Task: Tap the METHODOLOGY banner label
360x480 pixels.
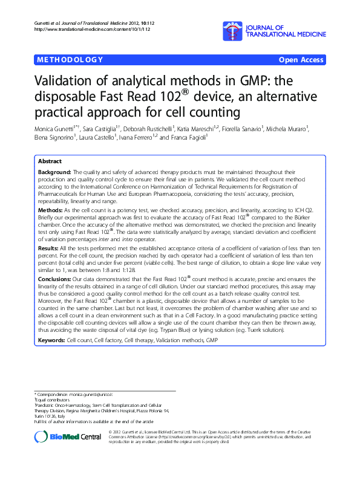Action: coord(70,60)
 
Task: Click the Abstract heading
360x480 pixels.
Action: coord(50,162)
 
